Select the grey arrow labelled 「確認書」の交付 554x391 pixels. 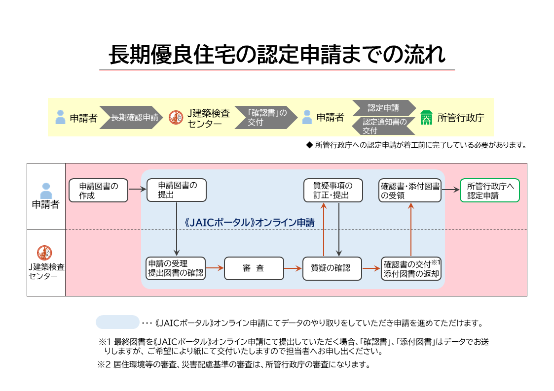click(265, 118)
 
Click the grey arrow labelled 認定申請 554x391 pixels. click(383, 108)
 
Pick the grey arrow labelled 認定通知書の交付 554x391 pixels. click(383, 126)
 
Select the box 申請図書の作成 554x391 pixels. click(98, 191)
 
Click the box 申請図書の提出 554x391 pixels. click(177, 191)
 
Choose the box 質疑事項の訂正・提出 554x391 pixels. click(333, 191)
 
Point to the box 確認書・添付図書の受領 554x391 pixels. click(410, 191)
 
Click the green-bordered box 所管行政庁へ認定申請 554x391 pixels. click(490, 191)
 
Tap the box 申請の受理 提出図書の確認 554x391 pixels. click(176, 268)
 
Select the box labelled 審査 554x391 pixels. click(254, 268)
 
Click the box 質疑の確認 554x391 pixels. click(332, 268)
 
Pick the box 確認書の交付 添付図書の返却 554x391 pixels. click(411, 268)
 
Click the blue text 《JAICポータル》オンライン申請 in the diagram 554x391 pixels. click(249, 222)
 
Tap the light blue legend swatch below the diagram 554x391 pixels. click(117, 322)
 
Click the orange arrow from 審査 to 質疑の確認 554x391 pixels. click(293, 268)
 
